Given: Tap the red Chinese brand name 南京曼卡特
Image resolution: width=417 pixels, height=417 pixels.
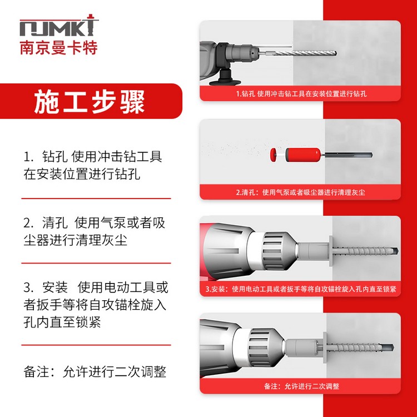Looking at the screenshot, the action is point(59,48).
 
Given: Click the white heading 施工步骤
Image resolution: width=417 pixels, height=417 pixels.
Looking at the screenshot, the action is point(90,102).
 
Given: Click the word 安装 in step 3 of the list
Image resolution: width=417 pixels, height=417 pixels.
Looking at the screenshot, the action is point(55,287).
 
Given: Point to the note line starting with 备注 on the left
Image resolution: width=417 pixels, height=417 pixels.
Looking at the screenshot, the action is point(95,371).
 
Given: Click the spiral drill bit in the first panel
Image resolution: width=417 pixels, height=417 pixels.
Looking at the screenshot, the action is point(305,53).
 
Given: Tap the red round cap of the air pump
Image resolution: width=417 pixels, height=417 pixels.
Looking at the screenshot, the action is point(273,155).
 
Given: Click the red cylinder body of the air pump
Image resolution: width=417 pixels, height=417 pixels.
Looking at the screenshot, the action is point(303,155).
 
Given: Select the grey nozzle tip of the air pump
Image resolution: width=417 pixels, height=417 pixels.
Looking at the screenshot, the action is point(348,155).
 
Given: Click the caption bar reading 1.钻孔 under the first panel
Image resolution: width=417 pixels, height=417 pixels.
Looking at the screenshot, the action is point(300,93).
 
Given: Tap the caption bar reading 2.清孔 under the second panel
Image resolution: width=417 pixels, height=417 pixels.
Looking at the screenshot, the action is point(300,192).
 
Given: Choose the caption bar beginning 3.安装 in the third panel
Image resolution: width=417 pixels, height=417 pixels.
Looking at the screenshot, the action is point(300,289).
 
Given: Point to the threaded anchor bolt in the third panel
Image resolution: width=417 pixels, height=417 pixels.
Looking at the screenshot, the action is point(366,251).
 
